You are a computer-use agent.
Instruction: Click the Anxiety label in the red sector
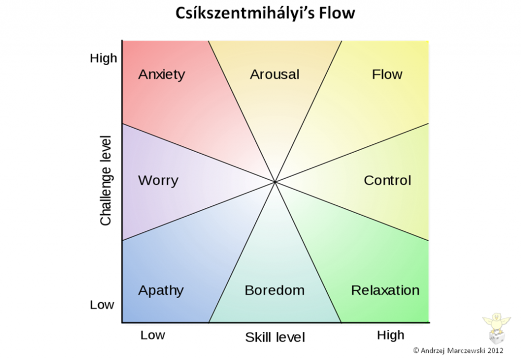(162, 75)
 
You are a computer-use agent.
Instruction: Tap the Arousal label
(275, 75)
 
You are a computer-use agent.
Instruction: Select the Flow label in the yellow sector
(387, 74)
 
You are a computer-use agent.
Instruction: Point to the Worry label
(158, 181)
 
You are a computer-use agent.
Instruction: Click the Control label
(388, 180)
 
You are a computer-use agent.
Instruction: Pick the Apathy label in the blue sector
(161, 291)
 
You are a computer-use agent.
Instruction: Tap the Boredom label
(275, 290)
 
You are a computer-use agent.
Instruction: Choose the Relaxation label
(386, 290)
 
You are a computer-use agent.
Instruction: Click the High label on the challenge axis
(104, 58)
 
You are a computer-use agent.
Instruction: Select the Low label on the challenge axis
(102, 304)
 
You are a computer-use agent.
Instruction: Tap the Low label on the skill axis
(153, 335)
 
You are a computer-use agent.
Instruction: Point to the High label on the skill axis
(391, 336)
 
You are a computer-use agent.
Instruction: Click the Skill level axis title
(275, 338)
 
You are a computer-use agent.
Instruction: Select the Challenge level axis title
(106, 180)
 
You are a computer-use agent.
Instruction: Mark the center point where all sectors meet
(275, 182)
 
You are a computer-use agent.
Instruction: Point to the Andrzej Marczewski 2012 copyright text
(458, 350)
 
